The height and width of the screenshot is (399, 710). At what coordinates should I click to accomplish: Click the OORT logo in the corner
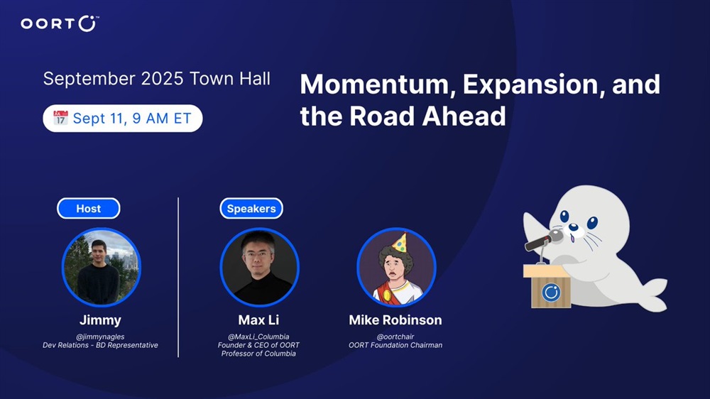pos(60,23)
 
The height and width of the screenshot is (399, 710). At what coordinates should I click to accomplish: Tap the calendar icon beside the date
pos(60,118)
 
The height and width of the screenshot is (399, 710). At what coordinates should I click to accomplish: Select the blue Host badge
pos(88,208)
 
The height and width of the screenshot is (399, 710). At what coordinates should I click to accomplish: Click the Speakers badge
pos(251,208)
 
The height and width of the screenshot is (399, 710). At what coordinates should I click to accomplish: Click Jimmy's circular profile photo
pos(101,267)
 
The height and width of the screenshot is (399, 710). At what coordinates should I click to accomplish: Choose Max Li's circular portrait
pos(259,267)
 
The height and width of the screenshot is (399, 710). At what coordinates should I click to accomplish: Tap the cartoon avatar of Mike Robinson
pos(396,267)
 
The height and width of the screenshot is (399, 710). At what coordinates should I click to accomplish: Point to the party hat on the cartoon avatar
pos(399,243)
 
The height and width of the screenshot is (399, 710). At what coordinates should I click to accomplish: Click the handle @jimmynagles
pos(100,337)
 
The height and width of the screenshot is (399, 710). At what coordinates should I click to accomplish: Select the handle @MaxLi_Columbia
pos(258,337)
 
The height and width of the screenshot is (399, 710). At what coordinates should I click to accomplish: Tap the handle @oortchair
pos(395,337)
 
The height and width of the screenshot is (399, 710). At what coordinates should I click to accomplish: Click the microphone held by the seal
pos(543,240)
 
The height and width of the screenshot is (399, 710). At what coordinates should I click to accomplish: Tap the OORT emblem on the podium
pos(551,292)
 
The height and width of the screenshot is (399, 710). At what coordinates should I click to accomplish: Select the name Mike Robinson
pos(395,319)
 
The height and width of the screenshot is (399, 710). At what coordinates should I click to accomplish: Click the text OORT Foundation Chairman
pos(395,345)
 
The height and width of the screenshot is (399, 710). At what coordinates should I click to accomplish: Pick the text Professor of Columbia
pos(258,354)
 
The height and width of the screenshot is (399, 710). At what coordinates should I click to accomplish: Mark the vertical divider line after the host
pos(178,277)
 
